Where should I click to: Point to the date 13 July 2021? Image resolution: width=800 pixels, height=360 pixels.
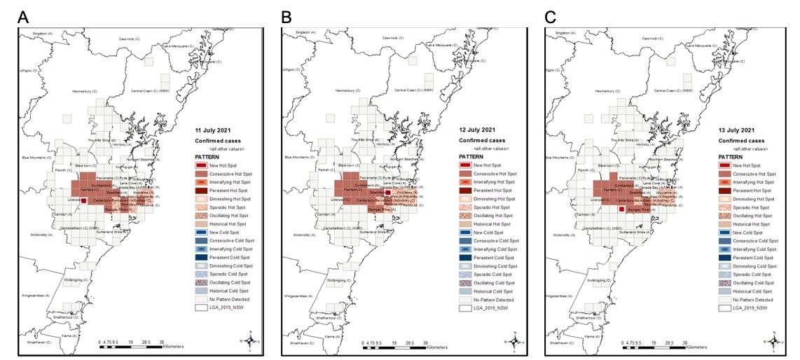click(x=736, y=130)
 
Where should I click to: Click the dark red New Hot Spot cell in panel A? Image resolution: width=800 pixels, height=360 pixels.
click(x=84, y=200)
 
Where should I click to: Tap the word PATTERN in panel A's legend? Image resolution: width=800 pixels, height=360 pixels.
click(x=207, y=156)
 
